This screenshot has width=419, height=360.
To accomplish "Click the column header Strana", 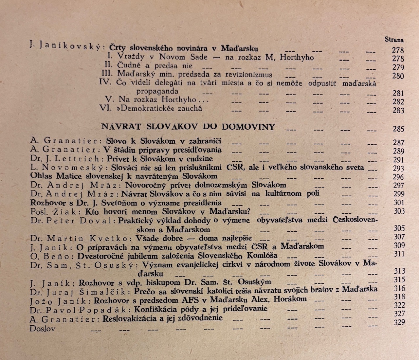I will [x=394, y=40].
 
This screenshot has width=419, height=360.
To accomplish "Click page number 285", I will [x=398, y=129].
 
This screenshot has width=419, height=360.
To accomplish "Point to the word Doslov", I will [x=43, y=328].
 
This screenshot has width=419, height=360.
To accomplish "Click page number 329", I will [x=399, y=322].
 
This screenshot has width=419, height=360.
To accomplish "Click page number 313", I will [x=399, y=271].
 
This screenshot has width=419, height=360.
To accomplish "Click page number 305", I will [x=399, y=228].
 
